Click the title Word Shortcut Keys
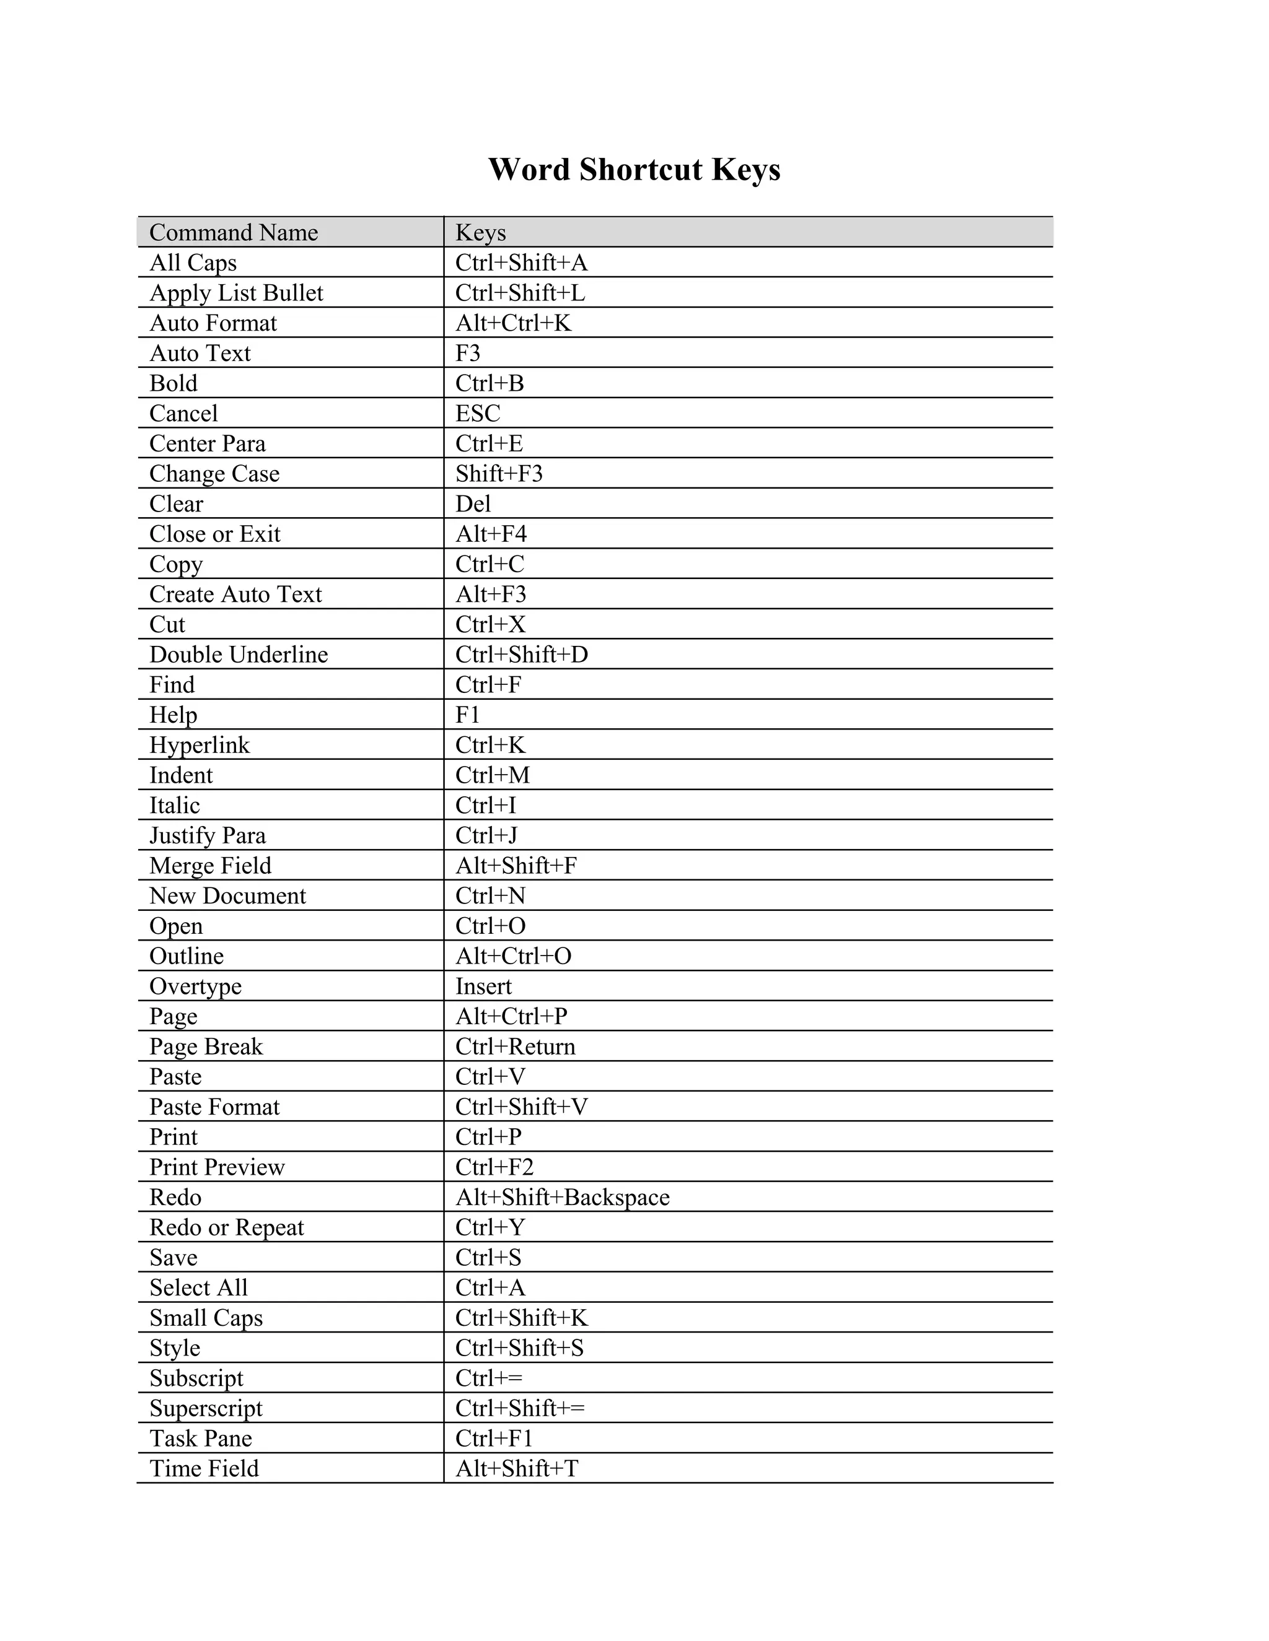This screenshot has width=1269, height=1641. (634, 170)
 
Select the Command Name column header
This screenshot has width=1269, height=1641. (233, 233)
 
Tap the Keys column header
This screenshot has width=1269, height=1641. (480, 233)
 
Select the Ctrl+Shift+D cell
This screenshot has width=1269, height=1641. (521, 655)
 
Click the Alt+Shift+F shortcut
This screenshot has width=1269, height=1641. (516, 866)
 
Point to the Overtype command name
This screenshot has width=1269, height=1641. (195, 986)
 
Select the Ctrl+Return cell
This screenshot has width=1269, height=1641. (515, 1047)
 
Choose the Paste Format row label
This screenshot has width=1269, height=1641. (214, 1107)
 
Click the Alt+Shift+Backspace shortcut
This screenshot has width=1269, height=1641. (563, 1198)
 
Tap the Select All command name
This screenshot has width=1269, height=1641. (198, 1288)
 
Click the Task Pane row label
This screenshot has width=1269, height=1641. (201, 1438)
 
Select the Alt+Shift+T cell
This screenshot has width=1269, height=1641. (517, 1468)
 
